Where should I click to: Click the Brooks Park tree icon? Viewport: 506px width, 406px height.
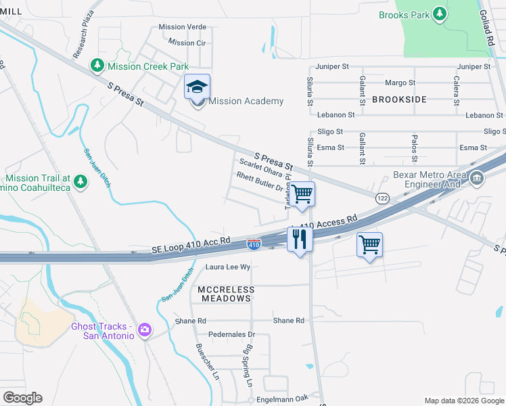[440, 14]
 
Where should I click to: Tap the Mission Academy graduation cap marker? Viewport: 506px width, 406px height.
[197, 87]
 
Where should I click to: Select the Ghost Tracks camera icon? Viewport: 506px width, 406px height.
[144, 330]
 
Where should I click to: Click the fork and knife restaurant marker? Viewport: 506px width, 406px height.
[299, 239]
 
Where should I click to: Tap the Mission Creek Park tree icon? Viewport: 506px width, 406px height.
[97, 65]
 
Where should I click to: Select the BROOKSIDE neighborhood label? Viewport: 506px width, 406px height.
[399, 99]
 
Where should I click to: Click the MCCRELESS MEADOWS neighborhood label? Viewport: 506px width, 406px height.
[227, 294]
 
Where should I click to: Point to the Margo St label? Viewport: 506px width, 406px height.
[400, 83]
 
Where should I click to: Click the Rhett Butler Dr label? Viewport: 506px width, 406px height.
[258, 181]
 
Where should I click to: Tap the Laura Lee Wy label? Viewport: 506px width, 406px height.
[228, 267]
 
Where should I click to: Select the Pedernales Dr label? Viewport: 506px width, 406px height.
[232, 334]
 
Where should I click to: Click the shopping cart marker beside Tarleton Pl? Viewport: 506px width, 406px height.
[303, 194]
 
